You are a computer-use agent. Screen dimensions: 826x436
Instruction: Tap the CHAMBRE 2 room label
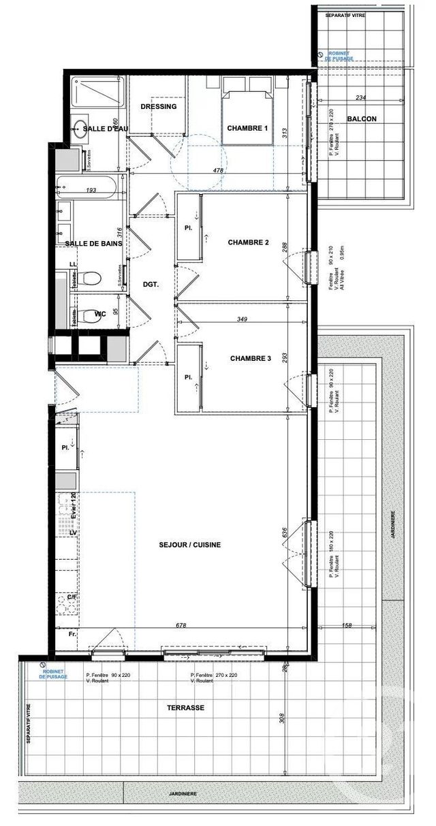pyautogui.click(x=249, y=242)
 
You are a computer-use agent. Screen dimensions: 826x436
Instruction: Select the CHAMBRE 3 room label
pyautogui.click(x=251, y=358)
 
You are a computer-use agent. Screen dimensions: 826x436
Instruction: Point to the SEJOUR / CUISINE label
pyautogui.click(x=190, y=545)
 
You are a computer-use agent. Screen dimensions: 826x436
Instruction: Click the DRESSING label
pyautogui.click(x=159, y=107)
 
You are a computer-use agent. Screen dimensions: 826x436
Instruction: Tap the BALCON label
pyautogui.click(x=362, y=119)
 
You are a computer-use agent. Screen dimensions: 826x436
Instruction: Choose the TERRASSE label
pyautogui.click(x=185, y=708)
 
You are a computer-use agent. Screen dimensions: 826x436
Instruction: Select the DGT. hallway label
pyautogui.click(x=150, y=285)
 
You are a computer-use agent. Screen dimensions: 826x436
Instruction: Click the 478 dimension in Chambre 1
pyautogui.click(x=219, y=170)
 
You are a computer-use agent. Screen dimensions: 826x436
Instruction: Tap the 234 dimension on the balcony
pyautogui.click(x=361, y=97)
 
